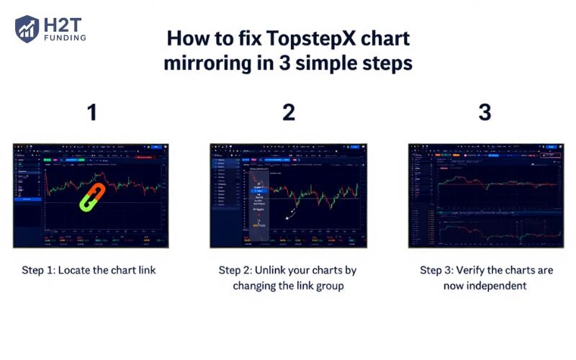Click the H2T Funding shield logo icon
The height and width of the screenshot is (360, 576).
pos(27,29)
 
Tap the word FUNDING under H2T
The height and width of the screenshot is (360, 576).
pos(64,37)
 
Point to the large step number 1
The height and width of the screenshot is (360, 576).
pos(91,112)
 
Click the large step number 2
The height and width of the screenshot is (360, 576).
pos(288,112)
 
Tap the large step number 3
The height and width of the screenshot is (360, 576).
pos(485,112)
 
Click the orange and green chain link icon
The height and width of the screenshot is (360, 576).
pos(93,196)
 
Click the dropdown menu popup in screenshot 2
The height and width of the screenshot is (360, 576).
pos(258,200)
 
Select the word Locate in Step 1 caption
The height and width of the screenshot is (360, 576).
pos(81,271)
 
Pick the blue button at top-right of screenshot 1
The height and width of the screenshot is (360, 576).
pos(156,148)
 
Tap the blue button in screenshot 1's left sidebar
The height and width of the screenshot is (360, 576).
pos(28,198)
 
